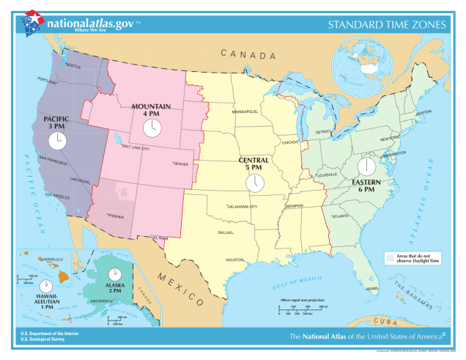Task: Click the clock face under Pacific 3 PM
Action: tap(57, 141)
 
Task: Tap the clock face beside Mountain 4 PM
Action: tap(152, 128)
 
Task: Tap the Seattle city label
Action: tap(73, 65)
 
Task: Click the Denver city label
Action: tap(180, 164)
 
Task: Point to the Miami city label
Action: tap(372, 288)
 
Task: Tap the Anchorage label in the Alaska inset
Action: tap(100, 301)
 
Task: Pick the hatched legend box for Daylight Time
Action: tap(390, 258)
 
